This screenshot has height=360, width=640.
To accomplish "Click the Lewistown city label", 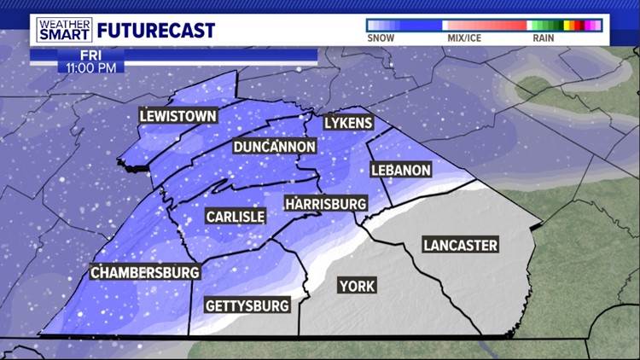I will pos(179,116).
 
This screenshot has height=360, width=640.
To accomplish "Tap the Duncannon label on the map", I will pos(275,147).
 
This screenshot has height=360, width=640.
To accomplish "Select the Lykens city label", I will pos(348,123).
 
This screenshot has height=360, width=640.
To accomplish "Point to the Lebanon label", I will pos(400,170).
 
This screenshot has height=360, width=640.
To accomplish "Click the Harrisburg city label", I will pos(326,204).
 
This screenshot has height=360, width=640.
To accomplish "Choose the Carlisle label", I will pos(236,217).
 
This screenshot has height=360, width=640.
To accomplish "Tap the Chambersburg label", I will pos(146,273).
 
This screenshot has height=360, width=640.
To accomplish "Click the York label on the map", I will pos(356,285).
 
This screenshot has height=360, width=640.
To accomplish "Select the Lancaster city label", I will pos(460,246).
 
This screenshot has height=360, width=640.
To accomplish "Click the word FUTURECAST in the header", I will pos(156,31).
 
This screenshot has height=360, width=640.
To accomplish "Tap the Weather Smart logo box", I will pos(64,30).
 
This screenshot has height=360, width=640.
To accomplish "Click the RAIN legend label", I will pos(543,38).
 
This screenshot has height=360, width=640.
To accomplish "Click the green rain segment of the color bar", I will pos(546,26).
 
